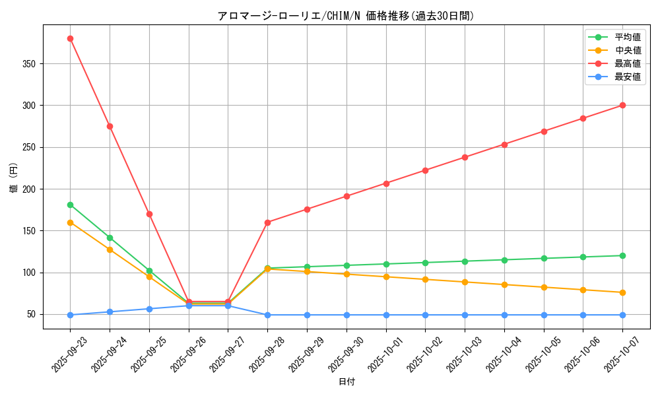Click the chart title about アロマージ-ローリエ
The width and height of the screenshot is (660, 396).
click(346, 16)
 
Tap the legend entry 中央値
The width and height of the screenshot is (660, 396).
click(628, 50)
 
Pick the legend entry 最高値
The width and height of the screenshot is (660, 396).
click(628, 63)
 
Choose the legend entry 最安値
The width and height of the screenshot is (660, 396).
click(628, 77)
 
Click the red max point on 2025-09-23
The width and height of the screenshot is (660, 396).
click(70, 38)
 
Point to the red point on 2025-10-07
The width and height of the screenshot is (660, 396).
click(622, 106)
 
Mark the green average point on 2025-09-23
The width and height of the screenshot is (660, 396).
click(70, 205)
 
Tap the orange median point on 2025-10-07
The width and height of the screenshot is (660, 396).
click(622, 292)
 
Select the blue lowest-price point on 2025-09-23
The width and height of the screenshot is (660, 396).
click(70, 315)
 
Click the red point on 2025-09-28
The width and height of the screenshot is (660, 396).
click(267, 222)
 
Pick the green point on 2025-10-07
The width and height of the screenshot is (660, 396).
click(622, 255)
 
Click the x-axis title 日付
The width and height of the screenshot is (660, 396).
click(346, 382)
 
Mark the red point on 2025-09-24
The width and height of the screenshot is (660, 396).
click(110, 126)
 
